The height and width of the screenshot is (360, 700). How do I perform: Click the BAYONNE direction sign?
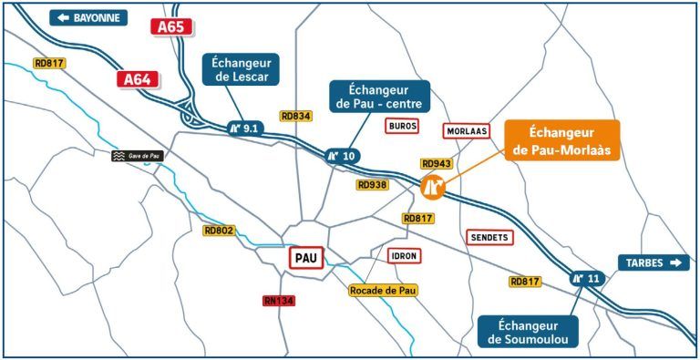tap(88, 17)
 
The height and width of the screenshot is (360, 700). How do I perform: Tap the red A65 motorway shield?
tap(170, 26)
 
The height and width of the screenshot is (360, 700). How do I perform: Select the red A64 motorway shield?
tap(136, 79)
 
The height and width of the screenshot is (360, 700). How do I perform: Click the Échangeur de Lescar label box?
tap(241, 69)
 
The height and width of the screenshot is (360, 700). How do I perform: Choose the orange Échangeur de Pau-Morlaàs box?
tap(561, 140)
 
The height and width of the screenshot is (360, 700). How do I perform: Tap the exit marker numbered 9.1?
tap(245, 129)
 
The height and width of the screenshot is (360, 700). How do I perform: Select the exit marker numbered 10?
tap(343, 156)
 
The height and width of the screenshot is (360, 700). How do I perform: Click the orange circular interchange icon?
tap(432, 187)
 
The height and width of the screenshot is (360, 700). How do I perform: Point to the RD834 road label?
tap(296, 116)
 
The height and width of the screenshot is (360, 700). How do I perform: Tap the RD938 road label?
tap(372, 184)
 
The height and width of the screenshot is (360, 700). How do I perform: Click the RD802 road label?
tap(219, 231)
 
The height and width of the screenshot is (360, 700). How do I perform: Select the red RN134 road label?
tap(280, 300)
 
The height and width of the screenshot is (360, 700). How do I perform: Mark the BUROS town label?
tap(402, 126)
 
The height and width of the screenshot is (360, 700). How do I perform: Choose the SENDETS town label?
tap(489, 237)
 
